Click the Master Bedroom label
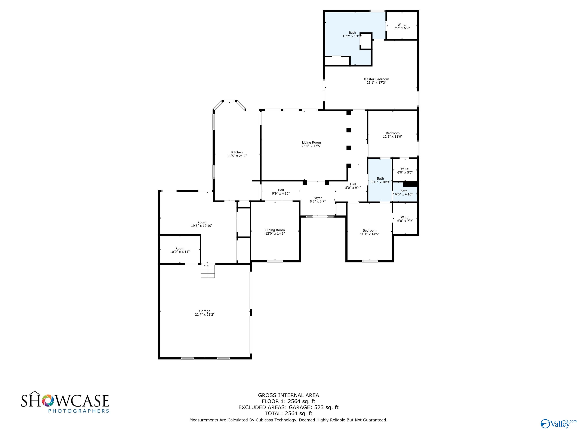click(376, 79)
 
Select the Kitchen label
click(237, 152)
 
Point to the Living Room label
click(311, 142)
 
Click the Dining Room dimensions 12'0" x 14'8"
click(275, 234)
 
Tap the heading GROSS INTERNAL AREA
click(288, 395)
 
